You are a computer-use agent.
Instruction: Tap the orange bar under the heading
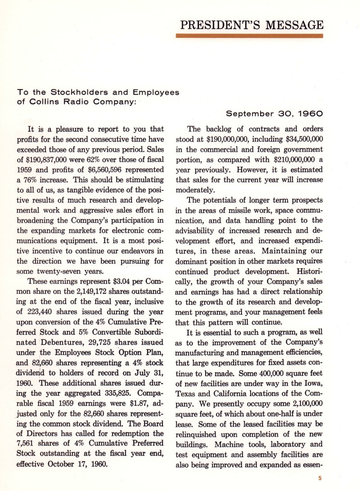[x=250, y=36]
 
